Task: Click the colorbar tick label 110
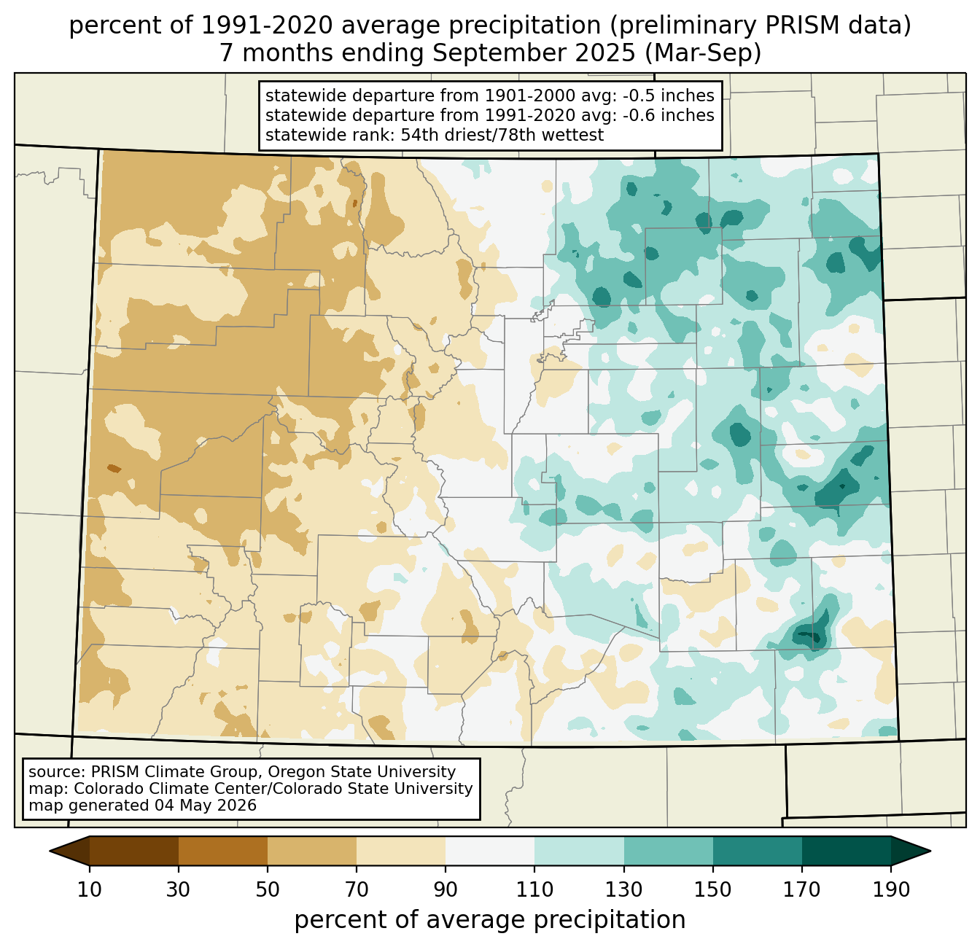534,890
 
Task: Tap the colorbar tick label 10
89,890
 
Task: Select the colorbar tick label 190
891,890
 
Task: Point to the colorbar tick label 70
357,890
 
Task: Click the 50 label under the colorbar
268,890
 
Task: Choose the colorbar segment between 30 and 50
222,851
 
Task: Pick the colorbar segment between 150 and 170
757,851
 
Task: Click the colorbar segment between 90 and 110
490,851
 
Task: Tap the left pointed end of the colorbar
50,851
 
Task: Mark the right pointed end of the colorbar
930,851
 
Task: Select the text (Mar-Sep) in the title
702,53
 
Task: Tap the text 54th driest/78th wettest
502,136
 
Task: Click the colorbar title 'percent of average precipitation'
490,920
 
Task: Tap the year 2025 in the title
607,53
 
